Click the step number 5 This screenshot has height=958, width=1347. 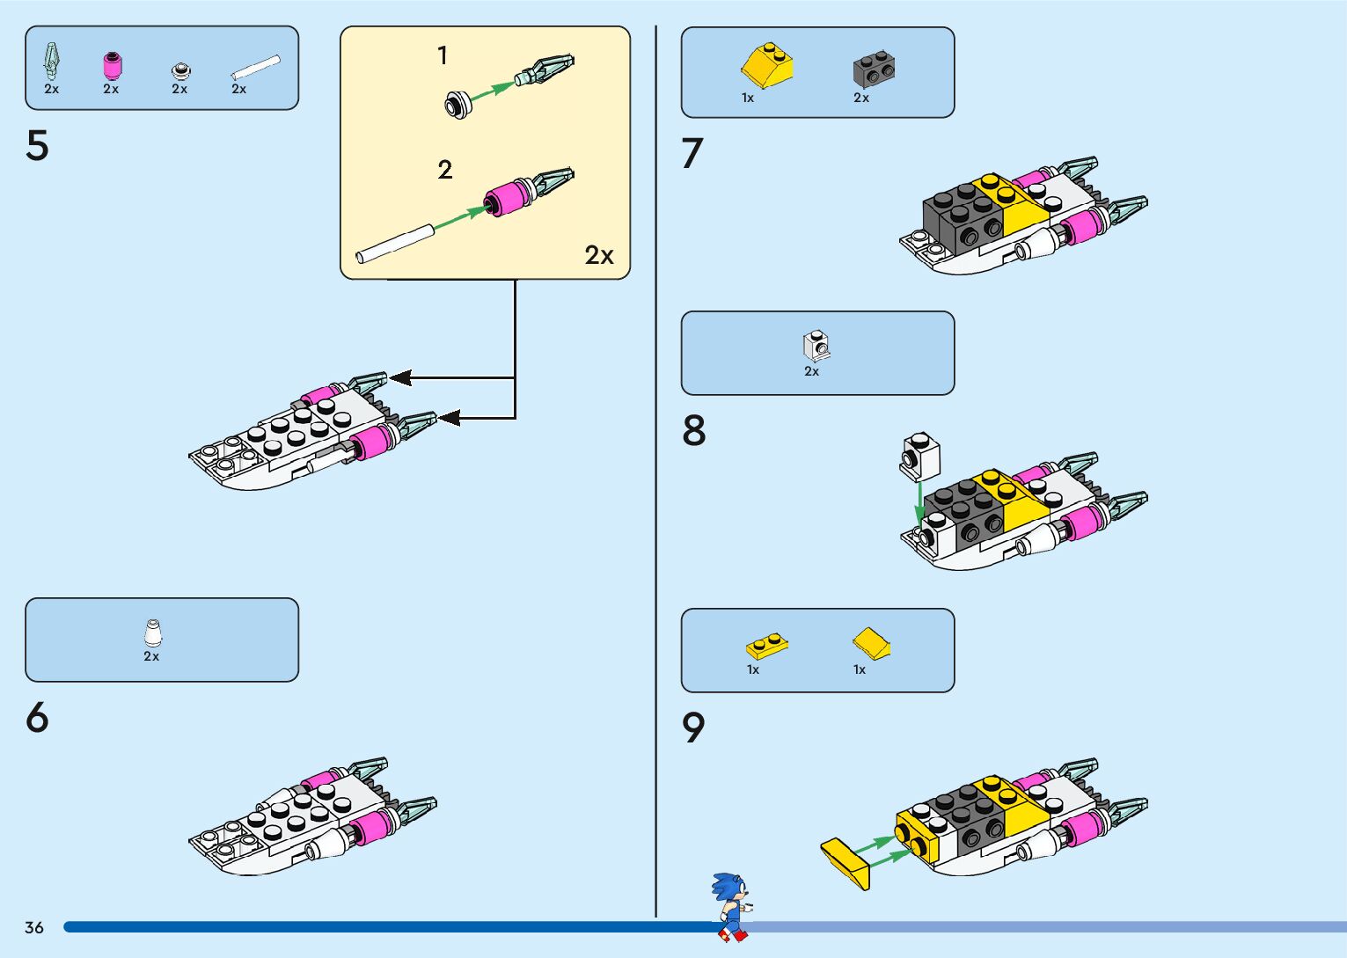(x=37, y=146)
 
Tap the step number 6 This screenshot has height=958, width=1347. (x=37, y=718)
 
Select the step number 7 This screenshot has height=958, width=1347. (x=692, y=154)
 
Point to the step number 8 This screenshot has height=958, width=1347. (x=694, y=431)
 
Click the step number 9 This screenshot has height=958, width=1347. (x=693, y=728)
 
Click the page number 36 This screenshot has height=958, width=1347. (x=34, y=927)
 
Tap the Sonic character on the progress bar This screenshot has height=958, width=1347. (x=731, y=906)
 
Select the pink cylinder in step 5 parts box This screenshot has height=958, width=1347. (x=112, y=67)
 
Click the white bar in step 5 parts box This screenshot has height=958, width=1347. (x=255, y=69)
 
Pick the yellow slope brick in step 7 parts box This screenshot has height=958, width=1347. (x=766, y=65)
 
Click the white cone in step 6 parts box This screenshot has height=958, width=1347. (x=152, y=633)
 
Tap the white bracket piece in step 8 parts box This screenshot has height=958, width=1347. (x=816, y=347)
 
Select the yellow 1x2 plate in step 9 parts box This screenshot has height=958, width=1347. (x=766, y=647)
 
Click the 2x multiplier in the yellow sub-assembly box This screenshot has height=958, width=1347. (x=599, y=255)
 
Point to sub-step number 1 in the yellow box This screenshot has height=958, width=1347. (x=443, y=56)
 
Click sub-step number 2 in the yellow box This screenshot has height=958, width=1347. (x=445, y=170)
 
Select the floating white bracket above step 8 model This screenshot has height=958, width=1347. (x=919, y=456)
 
